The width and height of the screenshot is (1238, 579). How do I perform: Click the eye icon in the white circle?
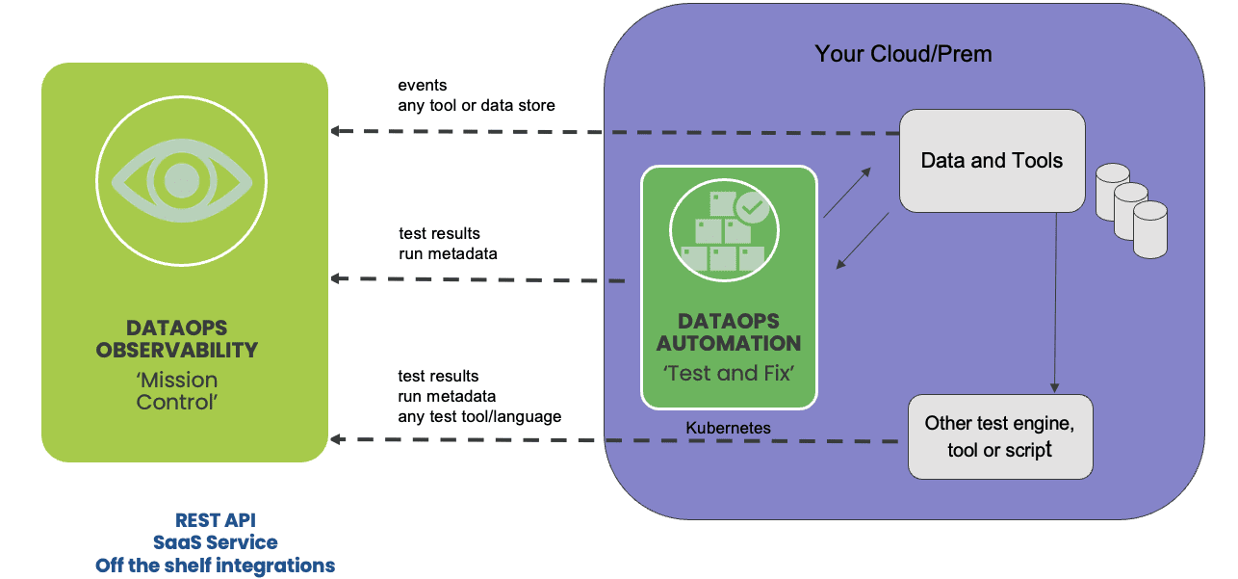point(182,180)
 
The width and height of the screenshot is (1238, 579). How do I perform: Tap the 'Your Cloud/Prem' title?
point(903,54)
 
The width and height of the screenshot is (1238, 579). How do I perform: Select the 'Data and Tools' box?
point(993,161)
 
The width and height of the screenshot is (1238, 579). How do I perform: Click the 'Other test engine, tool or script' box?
point(1000,436)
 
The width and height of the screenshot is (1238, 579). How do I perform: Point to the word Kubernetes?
point(728,428)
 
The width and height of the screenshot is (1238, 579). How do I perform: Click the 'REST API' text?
point(216,520)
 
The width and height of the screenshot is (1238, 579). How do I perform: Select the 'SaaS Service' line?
point(216,542)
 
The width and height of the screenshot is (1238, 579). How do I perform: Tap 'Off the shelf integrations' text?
point(215,566)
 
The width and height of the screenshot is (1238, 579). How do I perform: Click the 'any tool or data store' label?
point(477,106)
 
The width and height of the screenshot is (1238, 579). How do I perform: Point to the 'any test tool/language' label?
point(479,416)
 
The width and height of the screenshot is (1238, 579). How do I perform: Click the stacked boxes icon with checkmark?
point(725,230)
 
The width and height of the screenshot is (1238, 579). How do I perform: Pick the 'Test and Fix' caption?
point(729,373)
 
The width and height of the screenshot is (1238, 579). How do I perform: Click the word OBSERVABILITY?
point(177,350)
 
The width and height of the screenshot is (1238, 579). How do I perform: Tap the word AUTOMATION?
point(729,343)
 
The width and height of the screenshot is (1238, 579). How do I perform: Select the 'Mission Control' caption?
point(177,391)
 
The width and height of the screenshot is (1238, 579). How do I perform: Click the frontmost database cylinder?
point(1150,229)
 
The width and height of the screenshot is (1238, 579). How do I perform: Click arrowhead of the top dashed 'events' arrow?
point(336,131)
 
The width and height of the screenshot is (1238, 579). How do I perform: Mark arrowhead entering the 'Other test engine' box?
point(1054,388)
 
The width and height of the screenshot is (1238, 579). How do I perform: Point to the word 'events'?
point(423,85)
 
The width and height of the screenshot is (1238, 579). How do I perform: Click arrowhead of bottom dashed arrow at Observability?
point(336,439)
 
